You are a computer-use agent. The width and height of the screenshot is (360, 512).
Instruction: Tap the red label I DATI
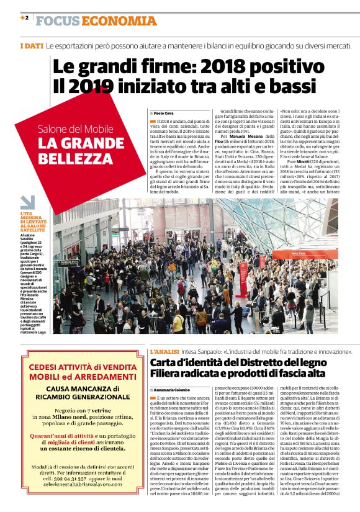(31, 47)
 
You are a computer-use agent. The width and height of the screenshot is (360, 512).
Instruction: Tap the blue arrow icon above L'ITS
(27, 202)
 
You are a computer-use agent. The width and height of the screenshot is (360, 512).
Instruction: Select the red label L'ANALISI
(165, 352)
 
